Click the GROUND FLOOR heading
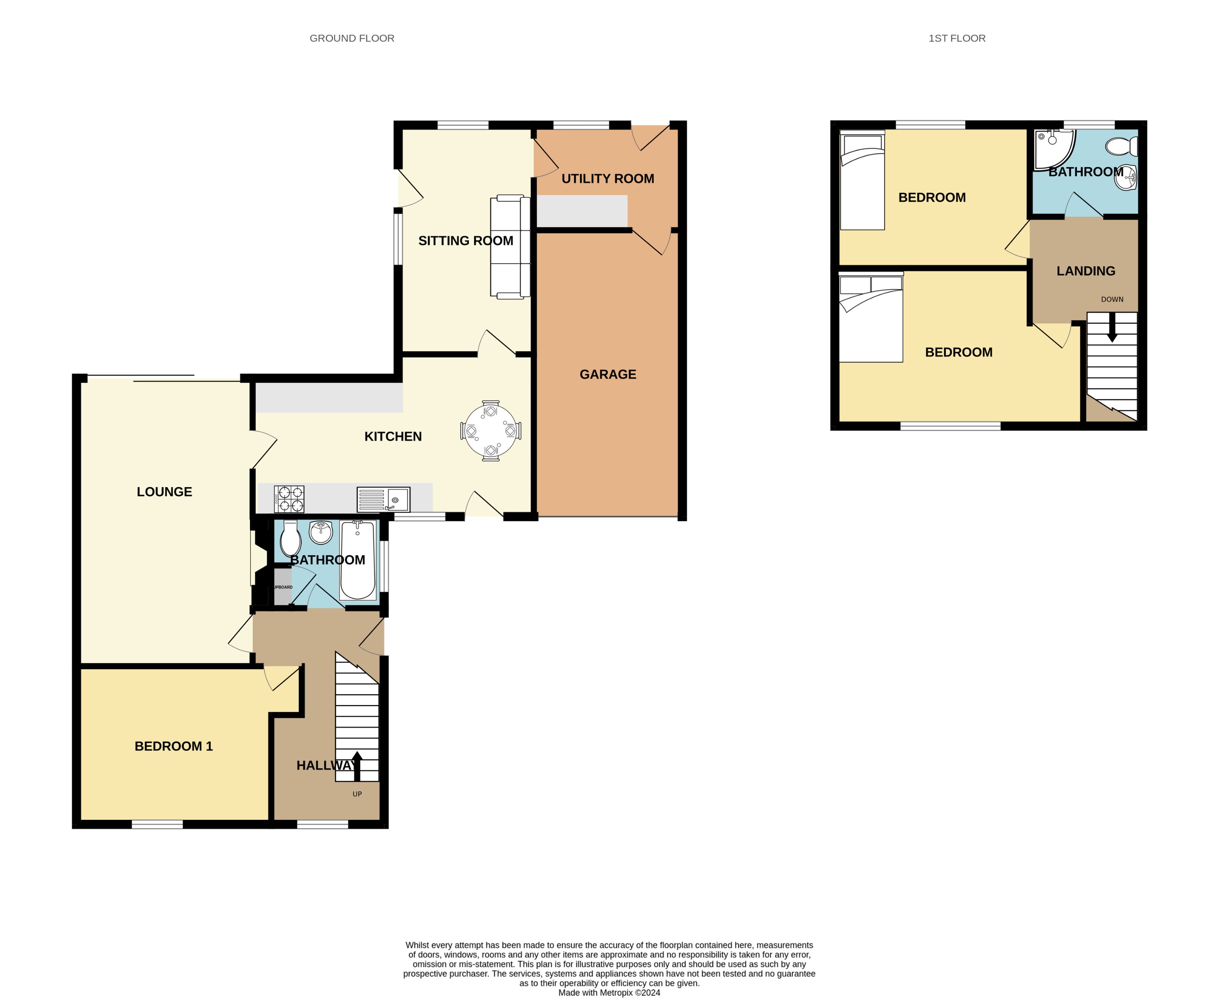[352, 38]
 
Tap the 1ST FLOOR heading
[956, 38]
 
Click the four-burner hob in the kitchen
[289, 499]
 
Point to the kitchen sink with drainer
[383, 499]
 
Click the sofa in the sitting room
[510, 247]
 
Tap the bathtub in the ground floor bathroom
[358, 560]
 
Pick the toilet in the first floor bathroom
[1121, 146]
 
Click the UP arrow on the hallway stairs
[357, 765]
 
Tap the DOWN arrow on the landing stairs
[1112, 328]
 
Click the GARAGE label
[608, 374]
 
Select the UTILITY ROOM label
[608, 179]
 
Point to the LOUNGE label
[164, 491]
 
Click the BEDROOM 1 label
[173, 746]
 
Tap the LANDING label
[1085, 271]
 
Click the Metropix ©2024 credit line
[609, 992]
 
